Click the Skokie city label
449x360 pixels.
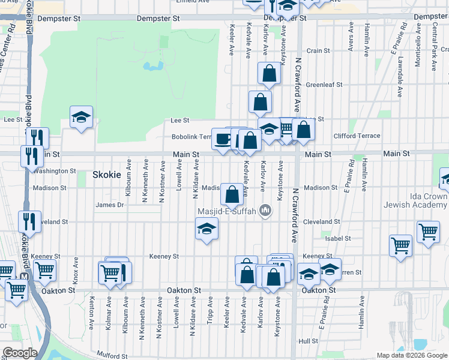[107, 175]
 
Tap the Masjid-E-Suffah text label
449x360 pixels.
[228, 211]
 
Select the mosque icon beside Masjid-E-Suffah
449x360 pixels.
[265, 211]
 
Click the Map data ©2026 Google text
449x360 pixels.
[411, 355]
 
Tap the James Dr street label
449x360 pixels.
[109, 205]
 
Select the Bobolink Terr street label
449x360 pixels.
[190, 137]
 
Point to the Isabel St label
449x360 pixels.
[338, 238]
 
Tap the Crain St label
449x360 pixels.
[318, 51]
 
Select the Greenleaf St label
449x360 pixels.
[324, 85]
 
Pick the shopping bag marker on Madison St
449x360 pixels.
[232, 194]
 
